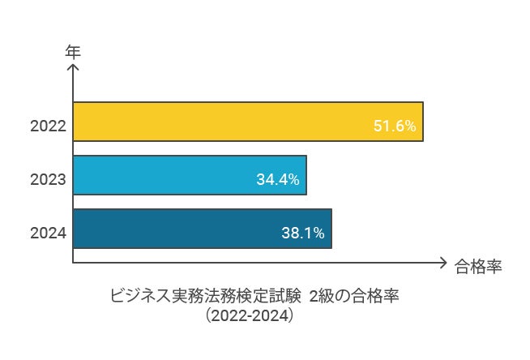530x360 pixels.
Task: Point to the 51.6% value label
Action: point(395,126)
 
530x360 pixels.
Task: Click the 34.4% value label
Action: point(278,180)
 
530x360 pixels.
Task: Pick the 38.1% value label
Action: point(303,234)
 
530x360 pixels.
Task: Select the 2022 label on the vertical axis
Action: point(47,126)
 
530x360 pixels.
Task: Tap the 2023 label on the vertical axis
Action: point(47,180)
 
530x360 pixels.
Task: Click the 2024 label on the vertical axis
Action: point(47,234)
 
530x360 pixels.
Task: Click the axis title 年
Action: point(73,50)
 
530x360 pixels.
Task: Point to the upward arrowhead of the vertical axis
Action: point(73,66)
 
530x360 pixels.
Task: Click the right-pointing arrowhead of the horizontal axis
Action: point(442,263)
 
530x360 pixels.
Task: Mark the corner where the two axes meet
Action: point(73,263)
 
